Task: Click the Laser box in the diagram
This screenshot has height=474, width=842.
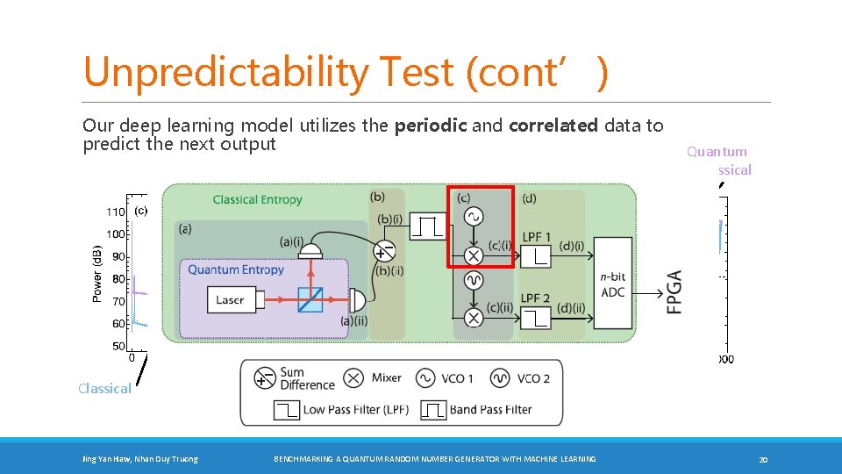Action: click(230, 300)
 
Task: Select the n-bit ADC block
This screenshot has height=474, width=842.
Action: click(613, 284)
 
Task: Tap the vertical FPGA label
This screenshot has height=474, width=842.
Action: click(674, 292)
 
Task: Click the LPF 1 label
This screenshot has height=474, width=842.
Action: click(536, 237)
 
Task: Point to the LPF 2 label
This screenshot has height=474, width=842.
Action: click(536, 298)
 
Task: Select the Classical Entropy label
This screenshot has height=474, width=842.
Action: click(257, 200)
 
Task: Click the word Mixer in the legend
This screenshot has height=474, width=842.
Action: click(386, 378)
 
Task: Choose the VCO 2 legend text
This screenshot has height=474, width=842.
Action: click(533, 378)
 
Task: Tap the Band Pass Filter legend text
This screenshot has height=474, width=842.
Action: click(490, 410)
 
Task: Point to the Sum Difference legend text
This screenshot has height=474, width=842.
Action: click(307, 378)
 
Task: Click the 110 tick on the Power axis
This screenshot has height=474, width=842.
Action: click(116, 212)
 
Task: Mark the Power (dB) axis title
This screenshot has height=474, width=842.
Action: click(97, 274)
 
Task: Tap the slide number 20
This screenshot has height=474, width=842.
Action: click(763, 459)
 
